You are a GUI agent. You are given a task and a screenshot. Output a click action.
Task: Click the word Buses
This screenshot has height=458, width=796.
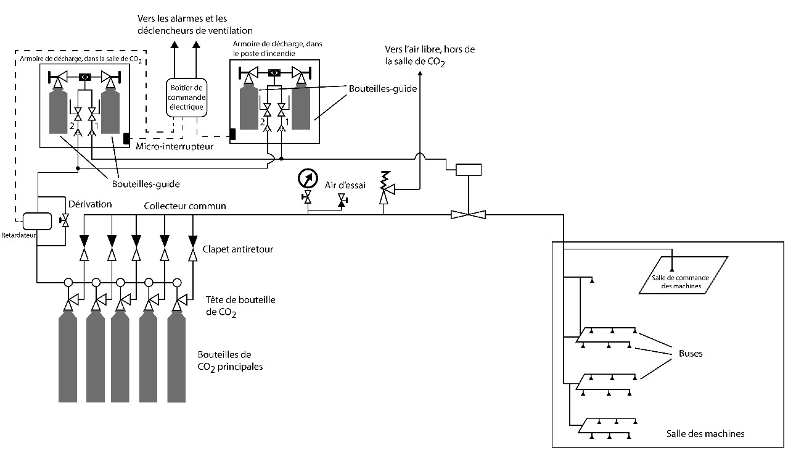(690, 354)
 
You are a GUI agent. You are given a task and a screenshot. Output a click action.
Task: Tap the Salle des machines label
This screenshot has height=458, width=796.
(705, 434)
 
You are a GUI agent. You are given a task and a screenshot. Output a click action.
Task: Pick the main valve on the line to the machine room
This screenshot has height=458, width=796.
(469, 214)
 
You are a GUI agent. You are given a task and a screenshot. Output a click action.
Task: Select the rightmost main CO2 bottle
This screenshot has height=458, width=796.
(176, 355)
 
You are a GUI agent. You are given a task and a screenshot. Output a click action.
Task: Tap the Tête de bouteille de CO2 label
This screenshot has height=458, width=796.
(240, 305)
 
